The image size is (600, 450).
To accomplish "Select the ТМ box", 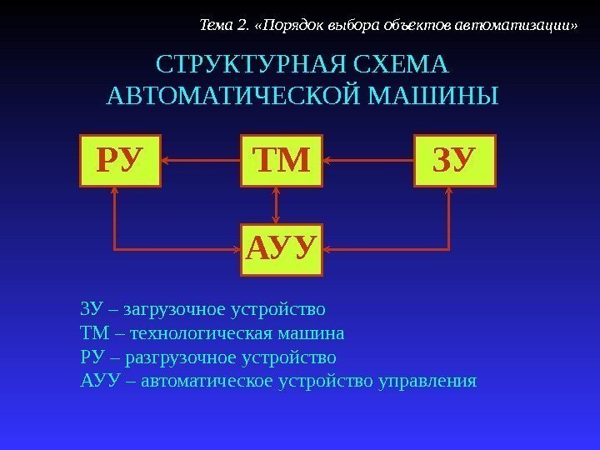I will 281,160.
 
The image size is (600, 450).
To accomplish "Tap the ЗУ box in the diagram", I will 454,160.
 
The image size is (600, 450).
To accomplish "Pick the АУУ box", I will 282,248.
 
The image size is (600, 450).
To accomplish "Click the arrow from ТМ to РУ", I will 200,160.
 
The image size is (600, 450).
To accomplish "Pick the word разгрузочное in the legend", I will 177,358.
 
